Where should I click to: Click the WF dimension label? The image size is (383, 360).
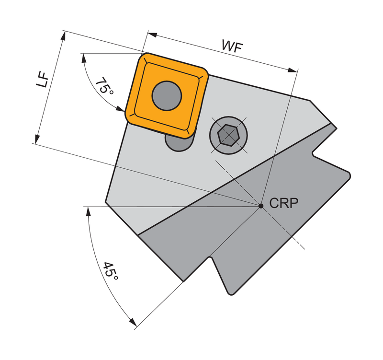(232, 46)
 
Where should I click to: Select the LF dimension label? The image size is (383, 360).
(43, 79)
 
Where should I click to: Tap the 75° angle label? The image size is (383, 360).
(104, 86)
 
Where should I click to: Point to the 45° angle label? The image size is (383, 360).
(111, 272)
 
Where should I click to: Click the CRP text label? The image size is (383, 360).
(284, 203)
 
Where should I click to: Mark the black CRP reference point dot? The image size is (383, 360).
(261, 206)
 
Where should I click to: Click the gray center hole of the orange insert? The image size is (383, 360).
(167, 96)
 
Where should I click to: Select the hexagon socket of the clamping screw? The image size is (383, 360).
(228, 135)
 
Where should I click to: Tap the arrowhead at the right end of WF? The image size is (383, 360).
(293, 70)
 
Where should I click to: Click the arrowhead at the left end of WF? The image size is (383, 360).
(153, 35)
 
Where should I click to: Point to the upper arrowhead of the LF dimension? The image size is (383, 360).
(63, 36)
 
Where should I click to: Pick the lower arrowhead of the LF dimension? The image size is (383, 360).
(37, 139)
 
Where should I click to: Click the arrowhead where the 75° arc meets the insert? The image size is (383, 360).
(121, 109)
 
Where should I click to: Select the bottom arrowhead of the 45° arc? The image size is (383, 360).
(133, 322)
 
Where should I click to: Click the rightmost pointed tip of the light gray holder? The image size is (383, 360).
(336, 128)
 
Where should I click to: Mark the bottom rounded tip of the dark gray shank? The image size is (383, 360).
(230, 293)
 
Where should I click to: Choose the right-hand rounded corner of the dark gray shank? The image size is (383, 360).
(349, 175)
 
